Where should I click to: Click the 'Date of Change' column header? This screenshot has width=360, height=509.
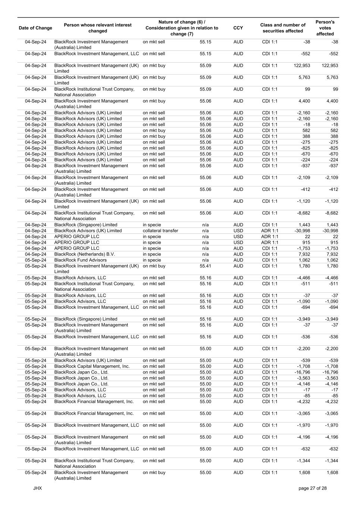point(35,28)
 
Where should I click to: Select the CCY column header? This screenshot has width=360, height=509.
point(238,28)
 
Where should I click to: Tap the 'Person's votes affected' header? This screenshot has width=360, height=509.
point(325,28)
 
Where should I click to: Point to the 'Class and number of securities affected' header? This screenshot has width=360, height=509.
point(283,28)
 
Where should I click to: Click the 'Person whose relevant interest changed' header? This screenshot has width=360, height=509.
point(98,28)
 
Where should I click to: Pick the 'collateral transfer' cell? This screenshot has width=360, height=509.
point(160,231)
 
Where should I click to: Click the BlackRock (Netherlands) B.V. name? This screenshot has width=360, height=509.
point(85,254)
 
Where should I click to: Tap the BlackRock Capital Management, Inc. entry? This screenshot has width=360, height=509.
point(92,366)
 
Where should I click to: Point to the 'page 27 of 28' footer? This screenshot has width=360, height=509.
point(313,488)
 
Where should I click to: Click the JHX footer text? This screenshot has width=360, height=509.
point(37,488)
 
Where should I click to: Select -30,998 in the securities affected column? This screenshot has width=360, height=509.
point(302,231)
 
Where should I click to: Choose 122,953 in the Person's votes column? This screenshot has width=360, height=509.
point(330,66)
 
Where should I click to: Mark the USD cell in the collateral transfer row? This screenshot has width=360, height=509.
point(238,231)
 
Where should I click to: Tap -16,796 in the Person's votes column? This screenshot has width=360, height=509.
point(330,372)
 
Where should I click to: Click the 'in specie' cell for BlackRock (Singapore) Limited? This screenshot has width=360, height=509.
point(152,225)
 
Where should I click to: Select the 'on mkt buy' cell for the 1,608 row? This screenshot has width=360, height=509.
point(154,472)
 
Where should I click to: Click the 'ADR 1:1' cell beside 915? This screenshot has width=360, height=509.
point(270,242)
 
